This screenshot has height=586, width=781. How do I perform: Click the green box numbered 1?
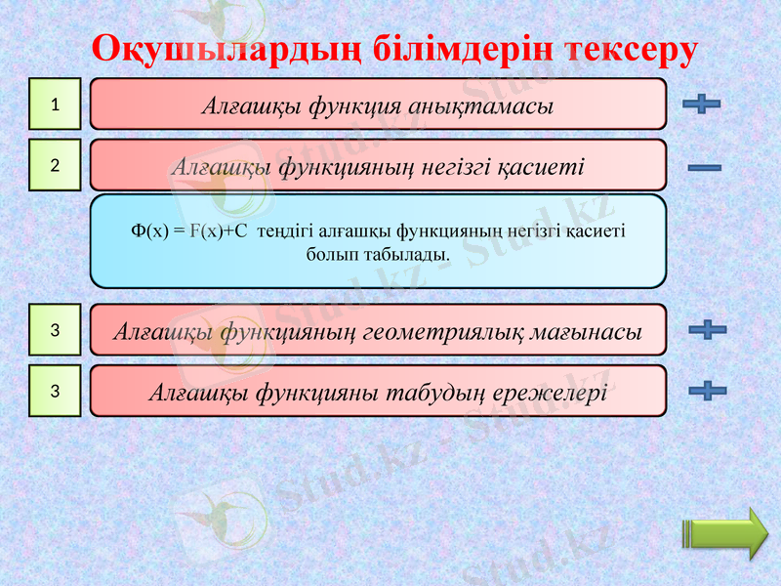click(55, 104)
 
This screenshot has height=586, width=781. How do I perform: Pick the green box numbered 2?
click(55, 165)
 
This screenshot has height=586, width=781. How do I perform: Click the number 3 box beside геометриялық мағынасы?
click(55, 331)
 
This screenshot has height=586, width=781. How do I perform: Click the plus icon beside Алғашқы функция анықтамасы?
click(702, 104)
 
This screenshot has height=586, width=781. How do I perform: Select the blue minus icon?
click(704, 168)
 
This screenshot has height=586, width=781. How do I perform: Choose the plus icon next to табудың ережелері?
click(707, 391)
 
